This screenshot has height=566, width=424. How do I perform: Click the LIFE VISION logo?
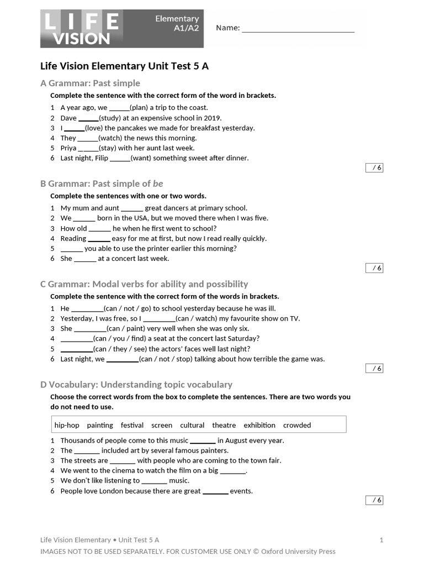pyautogui.click(x=81, y=29)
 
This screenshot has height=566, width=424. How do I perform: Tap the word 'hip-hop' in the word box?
pyautogui.click(x=67, y=425)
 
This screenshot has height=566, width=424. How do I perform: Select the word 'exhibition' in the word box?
pyautogui.click(x=259, y=425)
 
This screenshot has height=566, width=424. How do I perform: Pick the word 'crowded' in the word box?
pyautogui.click(x=297, y=425)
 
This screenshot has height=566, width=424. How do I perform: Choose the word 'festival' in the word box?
pyautogui.click(x=132, y=425)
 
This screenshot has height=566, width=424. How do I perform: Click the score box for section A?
pyautogui.click(x=374, y=168)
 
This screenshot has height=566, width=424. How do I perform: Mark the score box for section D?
pyautogui.click(x=374, y=500)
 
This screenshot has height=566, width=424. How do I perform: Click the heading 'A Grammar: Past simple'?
pyautogui.click(x=91, y=83)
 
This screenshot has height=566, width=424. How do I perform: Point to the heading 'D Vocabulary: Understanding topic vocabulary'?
pyautogui.click(x=136, y=384)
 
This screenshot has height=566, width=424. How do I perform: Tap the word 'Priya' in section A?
pyautogui.click(x=68, y=148)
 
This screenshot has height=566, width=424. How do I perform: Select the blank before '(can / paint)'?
pyautogui.click(x=90, y=329)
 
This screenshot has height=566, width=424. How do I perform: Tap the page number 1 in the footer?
pyautogui.click(x=381, y=540)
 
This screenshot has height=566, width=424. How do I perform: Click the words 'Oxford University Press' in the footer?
pyautogui.click(x=298, y=551)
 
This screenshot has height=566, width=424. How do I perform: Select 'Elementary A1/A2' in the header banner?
pyautogui.click(x=177, y=24)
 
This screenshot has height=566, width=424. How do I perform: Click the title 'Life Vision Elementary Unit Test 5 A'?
pyautogui.click(x=125, y=66)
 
